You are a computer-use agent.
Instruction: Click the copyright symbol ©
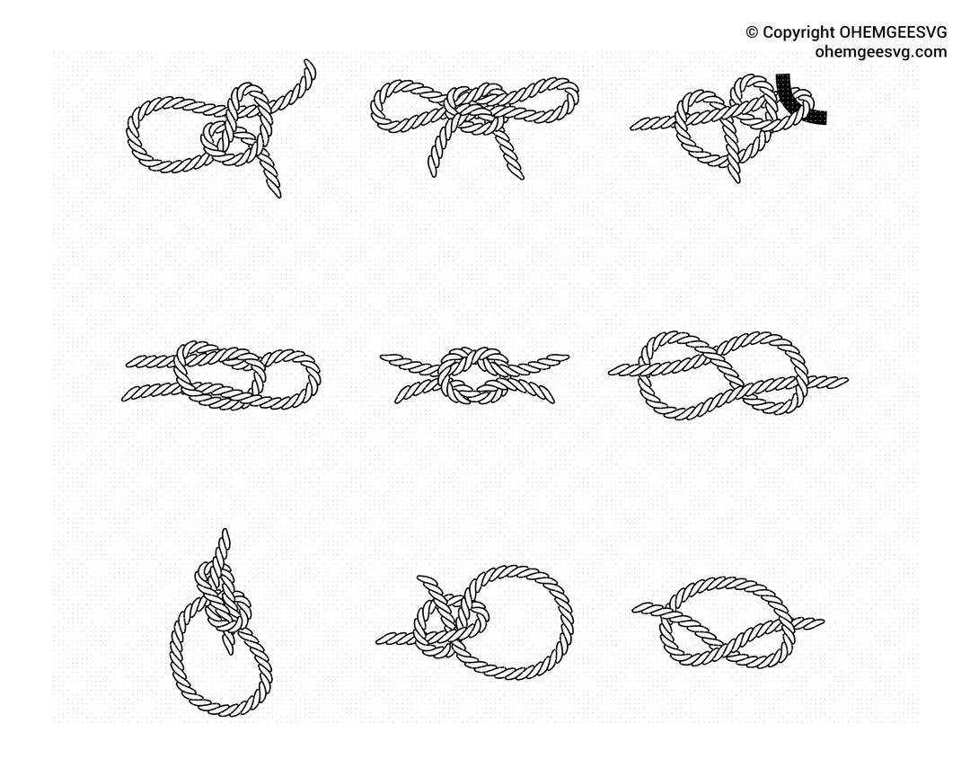(x=752, y=32)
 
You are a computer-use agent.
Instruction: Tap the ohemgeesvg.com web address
(x=880, y=52)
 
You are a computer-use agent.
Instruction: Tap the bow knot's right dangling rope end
(x=516, y=166)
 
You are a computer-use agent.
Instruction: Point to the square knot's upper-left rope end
(x=388, y=358)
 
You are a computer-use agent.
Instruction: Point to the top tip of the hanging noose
(x=224, y=535)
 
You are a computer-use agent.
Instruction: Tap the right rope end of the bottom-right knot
(x=813, y=621)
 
